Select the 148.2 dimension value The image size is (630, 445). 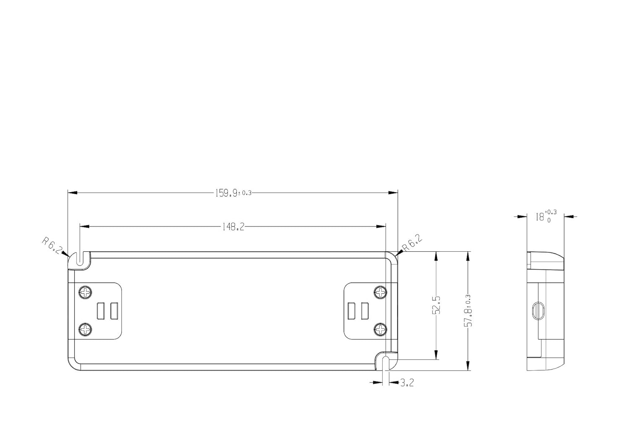click(x=233, y=227)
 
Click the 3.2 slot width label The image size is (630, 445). click(x=407, y=383)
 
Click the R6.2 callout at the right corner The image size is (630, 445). click(x=412, y=243)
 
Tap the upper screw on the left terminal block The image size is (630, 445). click(x=86, y=292)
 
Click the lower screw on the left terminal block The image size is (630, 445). click(x=86, y=328)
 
